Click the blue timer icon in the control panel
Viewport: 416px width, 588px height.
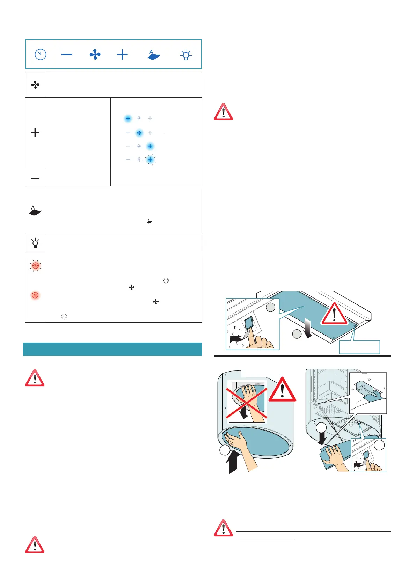pyautogui.click(x=41, y=54)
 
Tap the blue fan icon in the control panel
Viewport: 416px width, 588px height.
pyautogui.click(x=95, y=54)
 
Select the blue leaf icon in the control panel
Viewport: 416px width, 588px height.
pyautogui.click(x=154, y=55)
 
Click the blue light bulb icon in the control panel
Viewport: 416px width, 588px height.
pyautogui.click(x=186, y=55)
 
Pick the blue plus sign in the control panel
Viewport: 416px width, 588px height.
pyautogui.click(x=122, y=54)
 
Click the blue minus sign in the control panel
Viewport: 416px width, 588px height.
pyautogui.click(x=67, y=54)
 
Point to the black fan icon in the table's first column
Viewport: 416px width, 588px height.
pyautogui.click(x=35, y=85)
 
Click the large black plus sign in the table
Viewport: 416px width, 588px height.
pyautogui.click(x=35, y=133)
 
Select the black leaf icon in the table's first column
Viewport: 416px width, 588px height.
pyautogui.click(x=35, y=211)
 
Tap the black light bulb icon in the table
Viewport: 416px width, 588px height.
pyautogui.click(x=35, y=243)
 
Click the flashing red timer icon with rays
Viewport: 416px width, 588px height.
pyautogui.click(x=35, y=266)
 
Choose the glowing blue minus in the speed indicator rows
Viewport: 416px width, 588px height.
pyautogui.click(x=128, y=119)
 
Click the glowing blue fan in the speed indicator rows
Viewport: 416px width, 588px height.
pyautogui.click(x=139, y=133)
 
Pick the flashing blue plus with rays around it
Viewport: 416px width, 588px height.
pyautogui.click(x=150, y=160)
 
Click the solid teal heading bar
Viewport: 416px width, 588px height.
pyautogui.click(x=112, y=349)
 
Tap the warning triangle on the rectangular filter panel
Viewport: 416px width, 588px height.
pyautogui.click(x=334, y=314)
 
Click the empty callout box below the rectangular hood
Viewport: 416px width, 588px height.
pyautogui.click(x=359, y=347)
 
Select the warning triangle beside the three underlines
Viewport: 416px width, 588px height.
pyautogui.click(x=223, y=528)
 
